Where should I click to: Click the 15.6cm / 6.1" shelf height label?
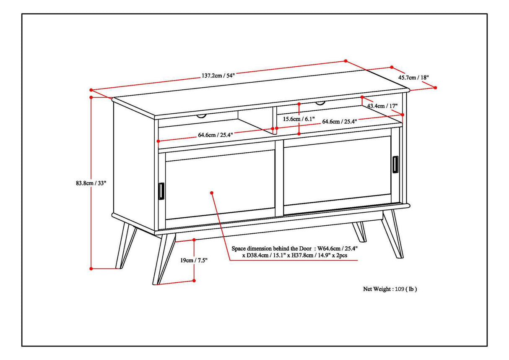299,119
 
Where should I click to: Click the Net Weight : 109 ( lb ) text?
390,289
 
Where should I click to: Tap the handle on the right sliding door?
395,164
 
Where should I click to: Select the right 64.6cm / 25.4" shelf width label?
339,122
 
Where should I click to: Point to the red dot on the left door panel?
212,193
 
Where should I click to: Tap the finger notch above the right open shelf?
320,103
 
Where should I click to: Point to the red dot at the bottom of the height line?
91,268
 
